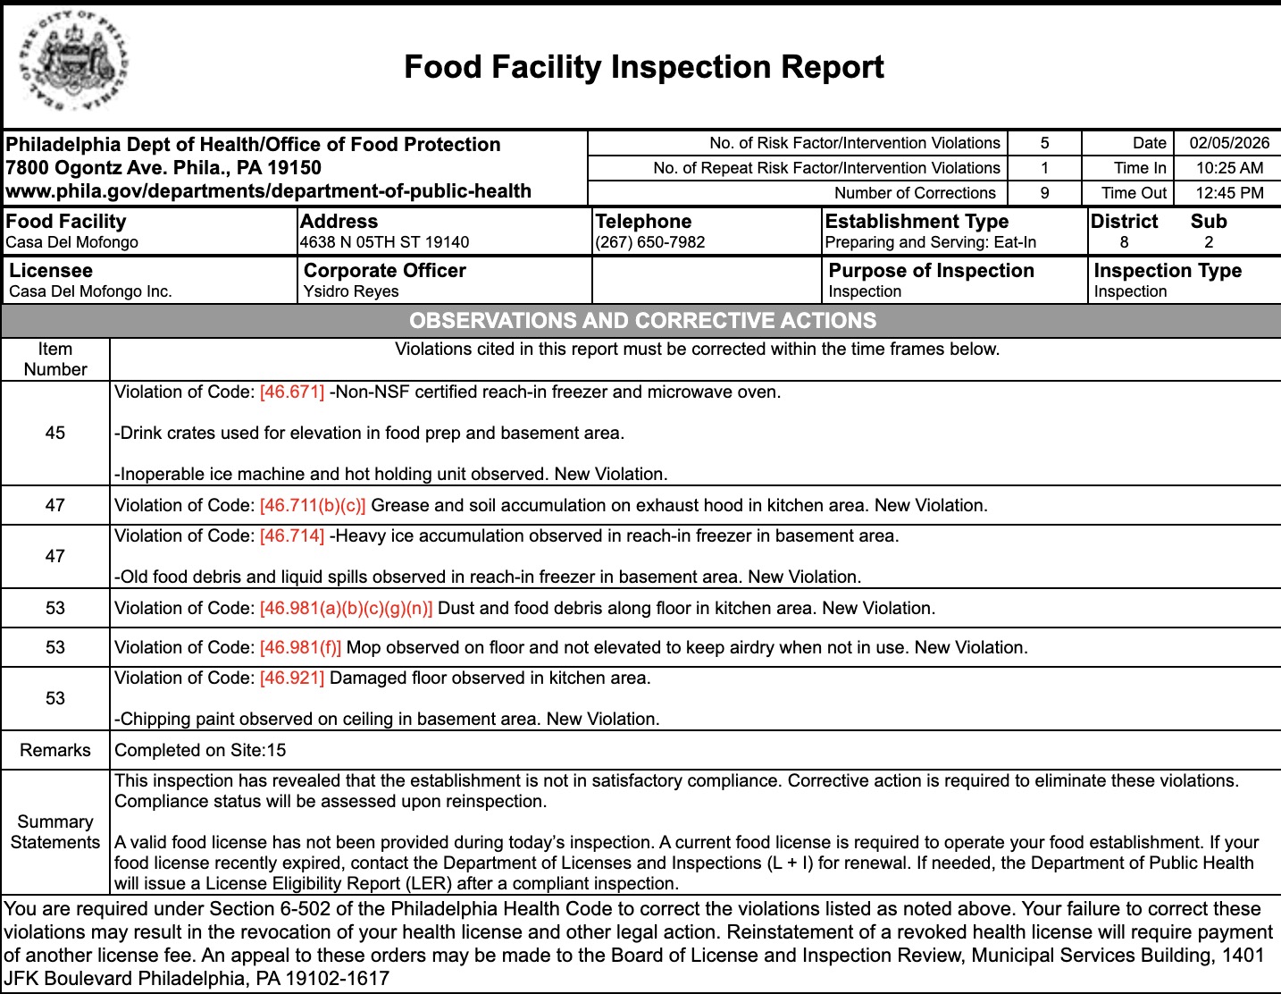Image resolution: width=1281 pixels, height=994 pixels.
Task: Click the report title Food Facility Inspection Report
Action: (x=643, y=67)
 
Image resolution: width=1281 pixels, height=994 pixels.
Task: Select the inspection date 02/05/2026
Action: (x=1229, y=143)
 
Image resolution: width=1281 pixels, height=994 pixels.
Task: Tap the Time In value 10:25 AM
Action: (x=1229, y=168)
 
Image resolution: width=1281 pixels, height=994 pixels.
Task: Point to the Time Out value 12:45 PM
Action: (x=1229, y=193)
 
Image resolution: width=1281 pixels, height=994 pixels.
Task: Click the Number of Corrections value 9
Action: (x=1044, y=193)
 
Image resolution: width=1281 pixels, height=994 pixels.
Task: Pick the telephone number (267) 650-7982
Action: (x=650, y=242)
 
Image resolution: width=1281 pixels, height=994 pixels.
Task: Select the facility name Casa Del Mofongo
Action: (x=72, y=242)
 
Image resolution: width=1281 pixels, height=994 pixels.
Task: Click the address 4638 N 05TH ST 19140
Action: (x=384, y=242)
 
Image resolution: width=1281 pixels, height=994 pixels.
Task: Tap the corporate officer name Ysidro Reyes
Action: (x=351, y=291)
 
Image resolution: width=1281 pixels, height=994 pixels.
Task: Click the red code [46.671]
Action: (x=292, y=392)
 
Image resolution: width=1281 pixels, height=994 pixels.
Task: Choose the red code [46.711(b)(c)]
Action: (x=313, y=505)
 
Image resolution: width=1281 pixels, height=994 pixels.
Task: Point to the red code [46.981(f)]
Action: (x=300, y=647)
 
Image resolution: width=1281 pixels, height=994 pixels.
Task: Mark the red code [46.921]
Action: (x=292, y=678)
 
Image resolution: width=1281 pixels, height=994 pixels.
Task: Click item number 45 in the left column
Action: (x=55, y=433)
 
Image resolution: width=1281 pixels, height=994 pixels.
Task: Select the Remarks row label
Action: (x=55, y=750)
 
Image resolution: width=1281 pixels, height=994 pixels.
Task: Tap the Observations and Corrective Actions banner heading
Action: (x=642, y=321)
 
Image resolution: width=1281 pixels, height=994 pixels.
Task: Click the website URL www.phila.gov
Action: (x=268, y=191)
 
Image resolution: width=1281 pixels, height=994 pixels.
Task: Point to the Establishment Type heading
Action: (x=917, y=222)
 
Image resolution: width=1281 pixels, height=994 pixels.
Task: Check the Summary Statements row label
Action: (x=55, y=832)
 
